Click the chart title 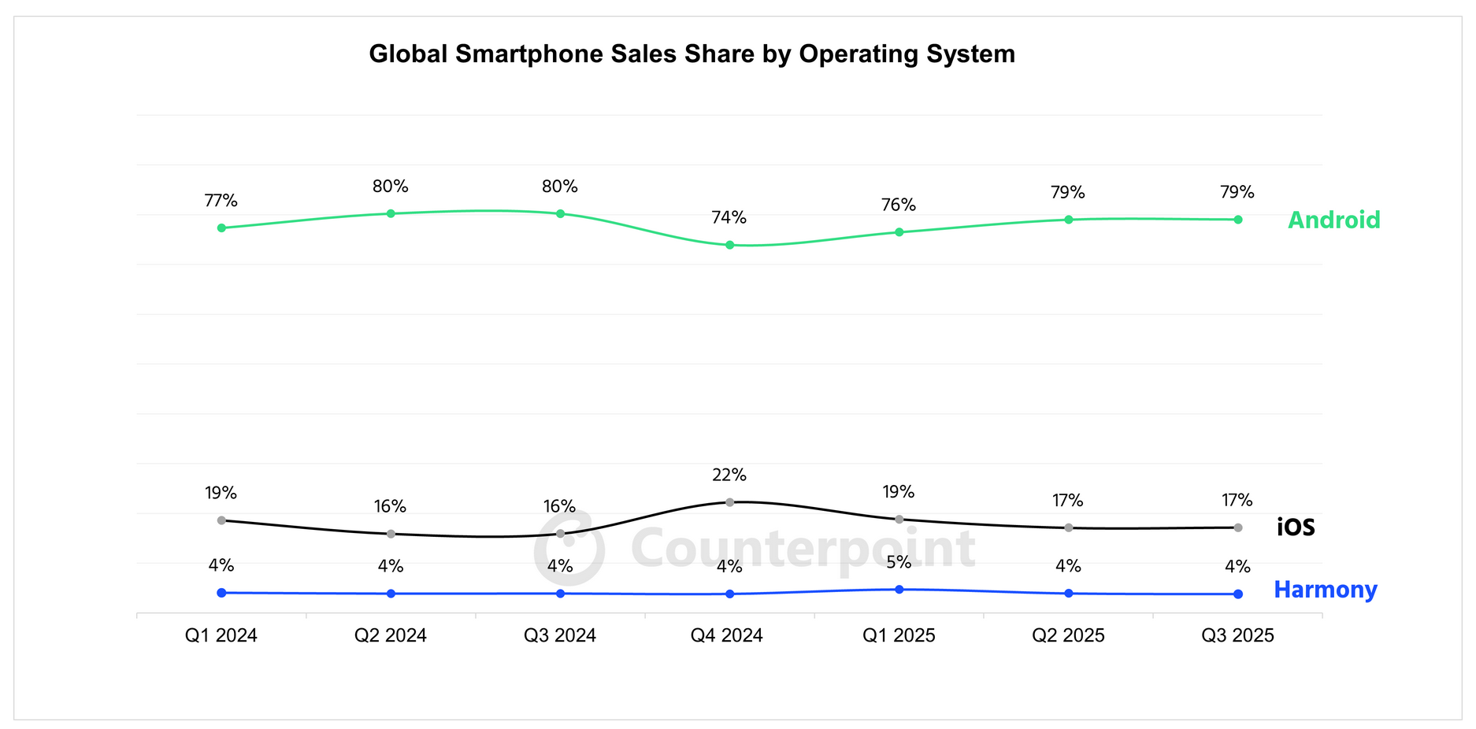(x=692, y=54)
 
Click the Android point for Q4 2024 (x=729, y=245)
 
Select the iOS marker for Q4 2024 (x=729, y=502)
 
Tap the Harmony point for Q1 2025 (x=899, y=589)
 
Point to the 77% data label (x=221, y=201)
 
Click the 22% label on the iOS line (x=729, y=475)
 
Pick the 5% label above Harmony (x=899, y=562)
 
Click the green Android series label (x=1333, y=220)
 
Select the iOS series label (x=1296, y=527)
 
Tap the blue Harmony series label (x=1325, y=590)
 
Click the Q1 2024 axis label (x=221, y=635)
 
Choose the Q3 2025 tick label (x=1237, y=635)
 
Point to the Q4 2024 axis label (x=726, y=635)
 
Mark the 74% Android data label (x=729, y=218)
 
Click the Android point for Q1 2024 (x=221, y=228)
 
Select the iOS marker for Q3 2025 (x=1237, y=527)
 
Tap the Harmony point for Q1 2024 (x=221, y=593)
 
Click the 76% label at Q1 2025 (x=899, y=205)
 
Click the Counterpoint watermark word (x=803, y=548)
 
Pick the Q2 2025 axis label (x=1068, y=635)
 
